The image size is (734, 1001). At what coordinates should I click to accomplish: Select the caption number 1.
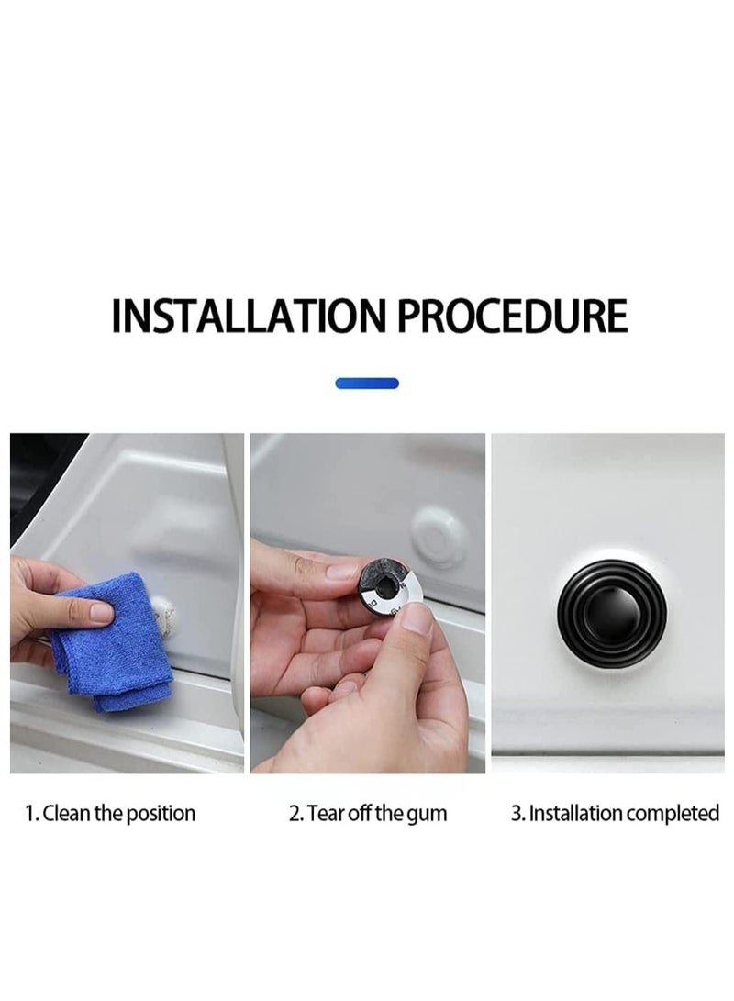pos(30,813)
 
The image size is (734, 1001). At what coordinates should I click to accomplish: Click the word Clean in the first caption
pos(67,813)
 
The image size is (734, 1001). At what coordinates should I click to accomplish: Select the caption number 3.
pos(517,813)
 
